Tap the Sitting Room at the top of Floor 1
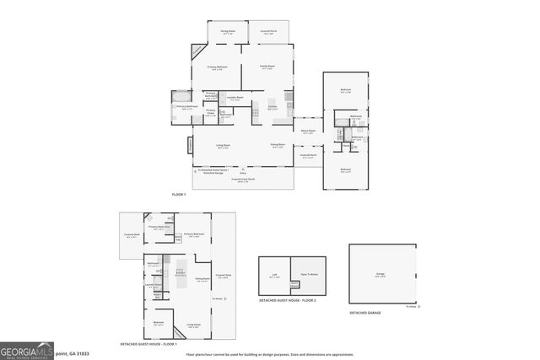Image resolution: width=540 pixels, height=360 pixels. pos(229,33)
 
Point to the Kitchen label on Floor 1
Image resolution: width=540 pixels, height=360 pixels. pos(273,107)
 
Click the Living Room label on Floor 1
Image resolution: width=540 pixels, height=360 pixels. pos(224,145)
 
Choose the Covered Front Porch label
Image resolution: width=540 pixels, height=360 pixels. pos(243,180)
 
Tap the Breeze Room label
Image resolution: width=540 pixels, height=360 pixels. pos(309,131)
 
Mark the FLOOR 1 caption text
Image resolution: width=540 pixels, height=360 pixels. pos(179,195)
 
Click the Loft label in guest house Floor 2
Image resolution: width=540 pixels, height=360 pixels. pos(273,275)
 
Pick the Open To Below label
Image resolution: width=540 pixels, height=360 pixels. pos(310,275)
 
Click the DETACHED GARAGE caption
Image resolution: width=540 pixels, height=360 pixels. pos(365,313)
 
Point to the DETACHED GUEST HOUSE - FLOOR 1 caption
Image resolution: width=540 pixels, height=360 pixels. pos(150,344)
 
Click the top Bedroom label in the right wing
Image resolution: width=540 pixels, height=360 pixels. pos(345,89)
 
